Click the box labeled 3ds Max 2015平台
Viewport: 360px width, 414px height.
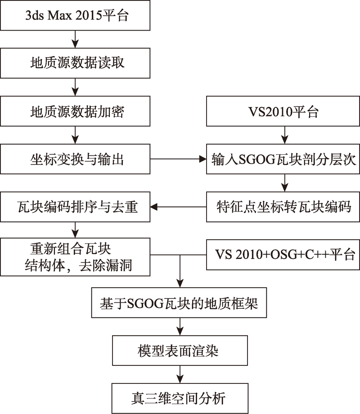[75, 15]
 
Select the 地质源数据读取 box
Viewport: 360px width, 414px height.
[75, 63]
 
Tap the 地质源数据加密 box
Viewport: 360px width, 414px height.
[75, 111]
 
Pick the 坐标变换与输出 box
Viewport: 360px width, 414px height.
[75, 159]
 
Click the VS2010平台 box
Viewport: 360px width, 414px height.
[283, 111]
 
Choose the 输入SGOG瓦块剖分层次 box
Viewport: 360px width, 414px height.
[283, 159]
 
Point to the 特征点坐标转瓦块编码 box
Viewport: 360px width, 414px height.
[283, 207]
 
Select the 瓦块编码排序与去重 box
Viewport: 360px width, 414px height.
[75, 207]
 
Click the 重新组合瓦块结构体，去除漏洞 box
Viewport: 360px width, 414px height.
[75, 257]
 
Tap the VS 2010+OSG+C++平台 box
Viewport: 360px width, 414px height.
[283, 255]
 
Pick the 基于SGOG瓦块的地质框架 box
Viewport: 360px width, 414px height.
[179, 303]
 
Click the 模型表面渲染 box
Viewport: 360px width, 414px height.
[180, 351]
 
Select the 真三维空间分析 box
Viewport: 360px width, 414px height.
[180, 398]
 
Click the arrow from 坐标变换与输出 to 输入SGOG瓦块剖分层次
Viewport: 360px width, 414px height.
[178, 159]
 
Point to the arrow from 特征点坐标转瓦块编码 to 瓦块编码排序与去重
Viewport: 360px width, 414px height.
[178, 207]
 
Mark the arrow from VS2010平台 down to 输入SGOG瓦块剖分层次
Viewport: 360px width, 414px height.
[284, 135]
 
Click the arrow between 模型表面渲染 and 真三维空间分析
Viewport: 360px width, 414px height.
[180, 374]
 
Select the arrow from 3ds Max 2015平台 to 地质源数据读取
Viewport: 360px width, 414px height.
[75, 39]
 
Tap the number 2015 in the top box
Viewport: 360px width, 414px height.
[89, 16]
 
